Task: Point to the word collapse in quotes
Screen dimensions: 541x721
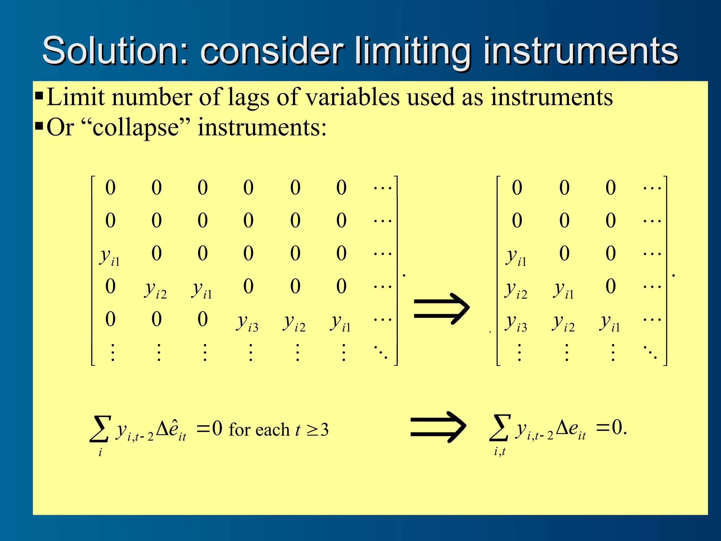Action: [136, 128]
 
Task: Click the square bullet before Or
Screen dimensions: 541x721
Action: [39, 126]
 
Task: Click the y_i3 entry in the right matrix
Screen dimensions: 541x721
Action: [516, 322]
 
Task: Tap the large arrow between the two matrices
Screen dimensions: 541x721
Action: [441, 309]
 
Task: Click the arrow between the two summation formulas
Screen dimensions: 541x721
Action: [438, 427]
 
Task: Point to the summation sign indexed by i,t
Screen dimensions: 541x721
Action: [499, 428]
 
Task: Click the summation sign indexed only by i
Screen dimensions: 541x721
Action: [100, 429]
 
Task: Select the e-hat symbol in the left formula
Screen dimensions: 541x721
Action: [173, 429]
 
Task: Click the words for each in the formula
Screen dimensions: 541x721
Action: [259, 430]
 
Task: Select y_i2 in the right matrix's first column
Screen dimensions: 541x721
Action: [516, 290]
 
